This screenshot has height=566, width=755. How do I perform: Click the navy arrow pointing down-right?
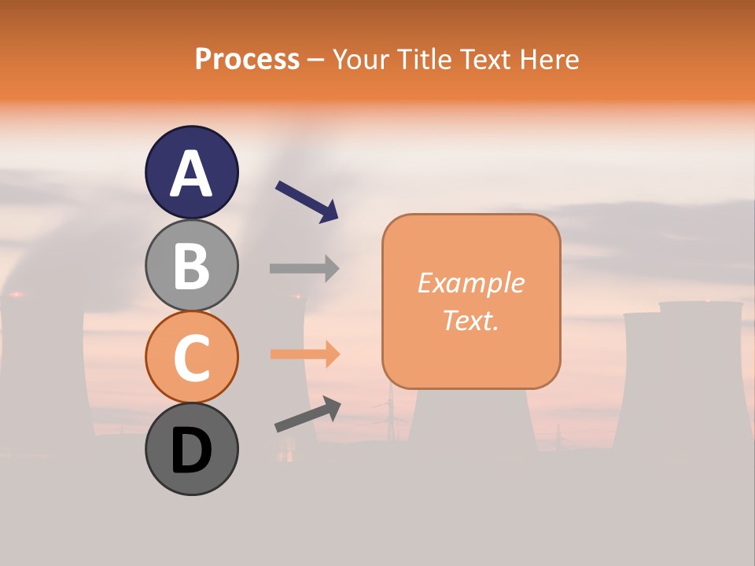pos(307,200)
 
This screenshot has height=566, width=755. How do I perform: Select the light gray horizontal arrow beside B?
pos(304,268)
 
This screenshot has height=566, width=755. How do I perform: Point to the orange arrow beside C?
pos(305,355)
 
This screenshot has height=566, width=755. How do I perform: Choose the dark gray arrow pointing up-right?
pos(308,414)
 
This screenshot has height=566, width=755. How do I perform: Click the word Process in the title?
pos(247,59)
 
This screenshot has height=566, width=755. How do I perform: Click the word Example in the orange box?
pos(470,283)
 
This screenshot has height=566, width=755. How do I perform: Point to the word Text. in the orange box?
pos(470,321)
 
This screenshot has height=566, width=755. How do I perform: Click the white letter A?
pos(191,174)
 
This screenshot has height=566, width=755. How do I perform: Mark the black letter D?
pos(191,451)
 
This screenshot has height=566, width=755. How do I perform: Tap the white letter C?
pos(191,358)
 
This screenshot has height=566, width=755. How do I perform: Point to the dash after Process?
pos(316,60)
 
